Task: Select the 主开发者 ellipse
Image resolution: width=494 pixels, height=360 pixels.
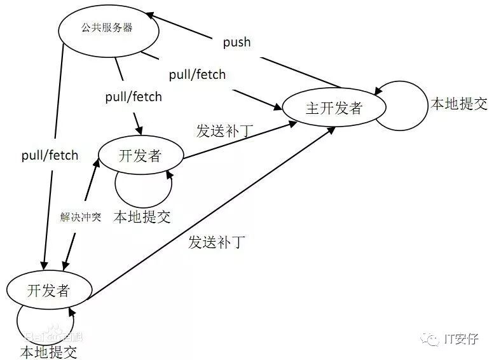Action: coord(334,108)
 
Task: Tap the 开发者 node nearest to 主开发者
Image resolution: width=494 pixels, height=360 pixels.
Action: coord(141,156)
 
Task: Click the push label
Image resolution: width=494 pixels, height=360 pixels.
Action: coord(237,43)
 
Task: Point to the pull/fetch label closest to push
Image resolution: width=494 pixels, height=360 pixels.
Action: coord(197,74)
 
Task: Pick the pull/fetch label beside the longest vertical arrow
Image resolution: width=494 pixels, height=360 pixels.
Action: coord(50,155)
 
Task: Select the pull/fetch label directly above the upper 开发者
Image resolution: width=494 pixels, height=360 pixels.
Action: coord(134,97)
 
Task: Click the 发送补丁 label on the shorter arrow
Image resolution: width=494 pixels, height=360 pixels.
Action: coord(224,131)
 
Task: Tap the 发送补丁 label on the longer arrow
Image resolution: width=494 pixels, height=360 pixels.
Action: coord(216,242)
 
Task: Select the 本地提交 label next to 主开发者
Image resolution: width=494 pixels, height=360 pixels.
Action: coord(459,104)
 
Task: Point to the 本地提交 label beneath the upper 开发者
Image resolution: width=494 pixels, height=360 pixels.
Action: coord(142,217)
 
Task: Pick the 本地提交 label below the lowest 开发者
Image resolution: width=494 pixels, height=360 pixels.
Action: coord(48,350)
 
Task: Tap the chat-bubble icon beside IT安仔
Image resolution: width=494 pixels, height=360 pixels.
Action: coord(432,339)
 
